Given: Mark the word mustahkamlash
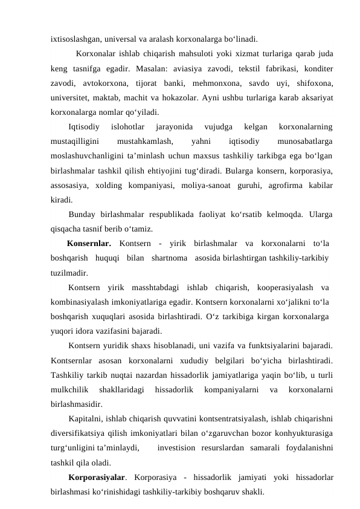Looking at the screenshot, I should (x=143, y=141).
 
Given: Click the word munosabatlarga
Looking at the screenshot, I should (x=304, y=141).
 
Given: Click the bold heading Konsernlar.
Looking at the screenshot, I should (x=89, y=244).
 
